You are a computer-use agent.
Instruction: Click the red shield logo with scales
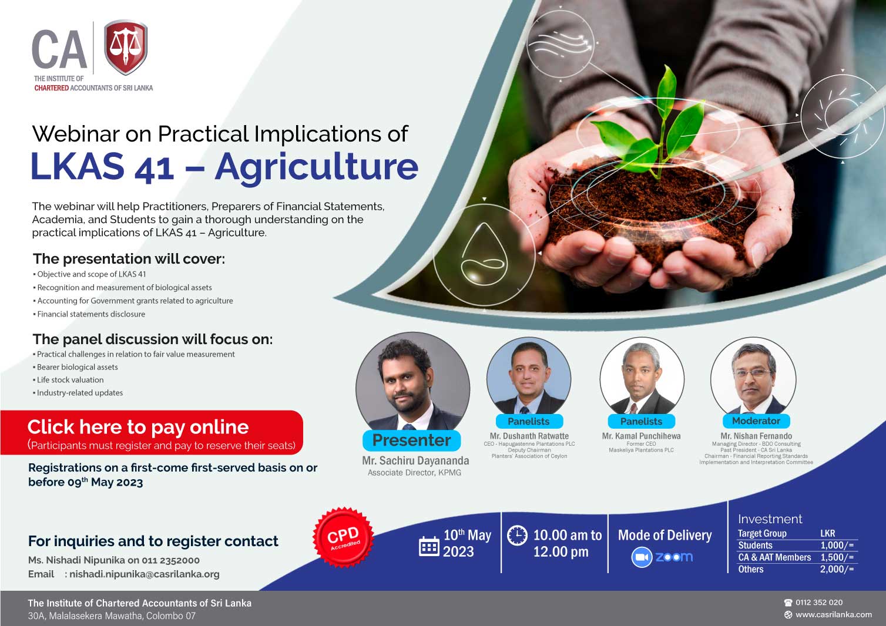tap(126, 47)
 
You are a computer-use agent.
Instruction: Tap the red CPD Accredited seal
tap(343, 537)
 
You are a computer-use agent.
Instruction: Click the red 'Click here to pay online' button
tap(152, 433)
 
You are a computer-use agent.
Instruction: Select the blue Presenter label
tap(411, 440)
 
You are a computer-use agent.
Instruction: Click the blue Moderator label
tap(756, 421)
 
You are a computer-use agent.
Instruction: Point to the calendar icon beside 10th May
tap(429, 547)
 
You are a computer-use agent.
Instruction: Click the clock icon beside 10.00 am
tap(517, 536)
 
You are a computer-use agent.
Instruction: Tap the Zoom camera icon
tap(641, 557)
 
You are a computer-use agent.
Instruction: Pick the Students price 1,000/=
tap(837, 546)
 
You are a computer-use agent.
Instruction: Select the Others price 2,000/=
tap(837, 569)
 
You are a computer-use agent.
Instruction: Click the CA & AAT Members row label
tap(774, 557)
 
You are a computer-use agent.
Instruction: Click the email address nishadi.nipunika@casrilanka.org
tap(145, 574)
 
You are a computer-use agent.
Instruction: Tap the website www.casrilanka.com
tap(833, 614)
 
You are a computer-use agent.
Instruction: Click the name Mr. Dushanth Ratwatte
tap(529, 436)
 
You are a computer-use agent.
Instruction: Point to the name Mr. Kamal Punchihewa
tap(641, 436)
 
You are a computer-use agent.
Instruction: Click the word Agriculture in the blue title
tap(317, 167)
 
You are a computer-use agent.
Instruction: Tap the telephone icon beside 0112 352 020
tap(788, 603)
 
